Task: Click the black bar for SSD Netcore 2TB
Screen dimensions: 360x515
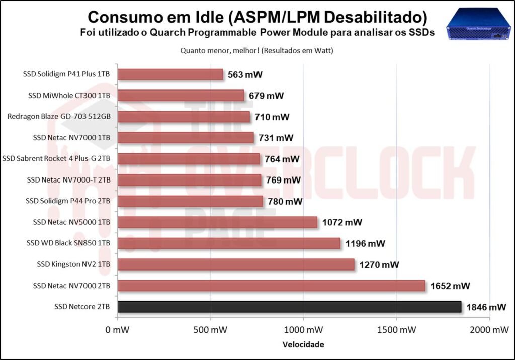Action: tap(289, 307)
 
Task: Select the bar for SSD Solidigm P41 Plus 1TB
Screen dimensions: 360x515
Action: tap(170, 74)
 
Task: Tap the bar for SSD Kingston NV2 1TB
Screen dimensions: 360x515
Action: tap(236, 264)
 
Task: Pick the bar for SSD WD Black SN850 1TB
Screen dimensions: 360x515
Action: tap(229, 243)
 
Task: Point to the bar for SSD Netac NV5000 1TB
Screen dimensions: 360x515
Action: tap(217, 222)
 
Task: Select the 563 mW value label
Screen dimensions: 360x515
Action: tap(245, 75)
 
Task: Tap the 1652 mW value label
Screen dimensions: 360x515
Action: tap(450, 286)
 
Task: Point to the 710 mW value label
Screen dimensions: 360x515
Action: tap(272, 117)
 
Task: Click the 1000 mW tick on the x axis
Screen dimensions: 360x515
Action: tap(303, 330)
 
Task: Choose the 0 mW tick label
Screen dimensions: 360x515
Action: tap(118, 330)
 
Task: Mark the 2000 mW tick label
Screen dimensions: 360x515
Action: tap(489, 330)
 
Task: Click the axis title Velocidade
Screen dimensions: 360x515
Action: tap(303, 345)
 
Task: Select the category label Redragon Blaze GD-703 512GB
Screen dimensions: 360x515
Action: tap(59, 117)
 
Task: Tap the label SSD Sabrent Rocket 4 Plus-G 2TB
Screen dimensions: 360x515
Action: tap(56, 159)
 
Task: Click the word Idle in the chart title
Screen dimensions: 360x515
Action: tap(204, 17)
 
